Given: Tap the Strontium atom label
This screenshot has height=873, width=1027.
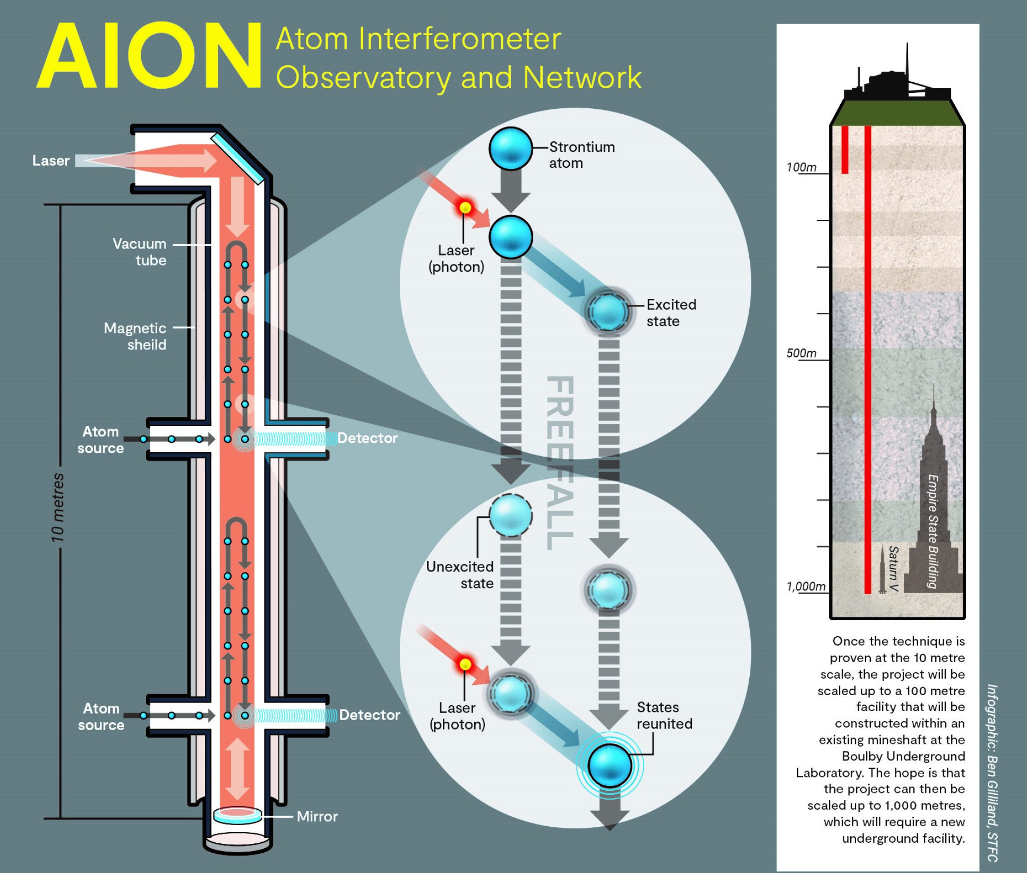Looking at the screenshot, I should point(581,155).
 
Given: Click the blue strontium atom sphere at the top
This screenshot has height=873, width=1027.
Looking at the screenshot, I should point(510,149).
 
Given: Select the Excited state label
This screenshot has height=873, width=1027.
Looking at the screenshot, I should point(671,313).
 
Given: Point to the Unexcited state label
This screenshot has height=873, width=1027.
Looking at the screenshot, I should point(460,575).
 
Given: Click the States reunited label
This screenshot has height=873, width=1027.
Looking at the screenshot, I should point(664,715).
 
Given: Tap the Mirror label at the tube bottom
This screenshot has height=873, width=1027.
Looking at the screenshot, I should point(317,816).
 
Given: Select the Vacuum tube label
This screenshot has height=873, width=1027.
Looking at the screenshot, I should point(140,252).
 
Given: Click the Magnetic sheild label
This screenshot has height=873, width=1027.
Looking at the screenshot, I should point(135,336).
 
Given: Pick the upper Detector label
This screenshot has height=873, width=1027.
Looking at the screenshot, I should point(367,438).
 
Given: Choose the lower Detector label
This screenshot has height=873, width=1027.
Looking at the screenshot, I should point(370,715).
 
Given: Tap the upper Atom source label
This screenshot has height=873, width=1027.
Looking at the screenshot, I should point(100,440).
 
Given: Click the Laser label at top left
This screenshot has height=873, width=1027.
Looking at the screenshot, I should point(51,160).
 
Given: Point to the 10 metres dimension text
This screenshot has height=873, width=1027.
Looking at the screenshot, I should point(57,508).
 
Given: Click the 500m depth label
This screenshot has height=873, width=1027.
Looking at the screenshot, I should point(801,353).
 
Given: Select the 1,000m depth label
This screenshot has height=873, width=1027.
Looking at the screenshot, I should point(806,586).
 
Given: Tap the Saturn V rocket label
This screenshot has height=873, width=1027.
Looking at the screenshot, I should point(893,569).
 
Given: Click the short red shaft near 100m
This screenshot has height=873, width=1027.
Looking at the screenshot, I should point(844,149).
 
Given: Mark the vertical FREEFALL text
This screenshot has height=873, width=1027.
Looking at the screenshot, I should point(560,462).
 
